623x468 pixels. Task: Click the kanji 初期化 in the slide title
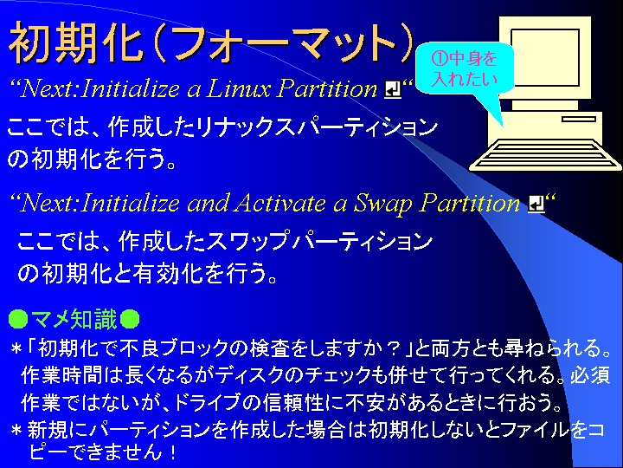click(75, 42)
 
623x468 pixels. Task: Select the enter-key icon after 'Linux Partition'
click(393, 89)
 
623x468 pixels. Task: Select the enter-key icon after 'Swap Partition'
click(536, 204)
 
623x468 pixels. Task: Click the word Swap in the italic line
click(382, 205)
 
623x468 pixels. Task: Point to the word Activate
click(279, 203)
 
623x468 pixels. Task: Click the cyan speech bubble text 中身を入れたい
click(464, 68)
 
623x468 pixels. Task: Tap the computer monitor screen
click(545, 57)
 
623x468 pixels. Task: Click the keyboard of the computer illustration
click(545, 155)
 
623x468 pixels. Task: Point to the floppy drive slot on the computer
click(579, 119)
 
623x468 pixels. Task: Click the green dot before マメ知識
click(18, 319)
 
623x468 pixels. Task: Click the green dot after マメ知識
click(130, 319)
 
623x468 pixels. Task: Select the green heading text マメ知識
click(74, 319)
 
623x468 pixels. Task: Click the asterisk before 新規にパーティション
click(16, 431)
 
